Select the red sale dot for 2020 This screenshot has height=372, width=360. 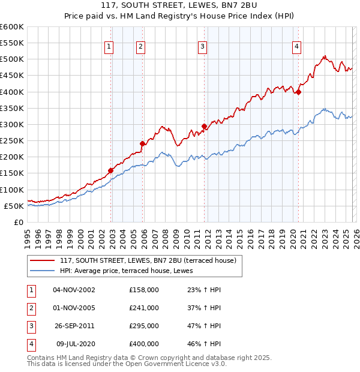click(x=298, y=92)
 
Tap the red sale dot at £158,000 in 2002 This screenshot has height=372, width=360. click(x=111, y=170)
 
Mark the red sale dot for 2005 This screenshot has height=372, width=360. click(x=143, y=144)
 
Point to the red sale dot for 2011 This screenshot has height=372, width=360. click(x=205, y=126)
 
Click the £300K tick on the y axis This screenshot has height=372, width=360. click(x=12, y=124)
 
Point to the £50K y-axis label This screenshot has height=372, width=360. click(x=14, y=206)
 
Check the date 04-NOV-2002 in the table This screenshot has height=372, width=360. click(x=74, y=289)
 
